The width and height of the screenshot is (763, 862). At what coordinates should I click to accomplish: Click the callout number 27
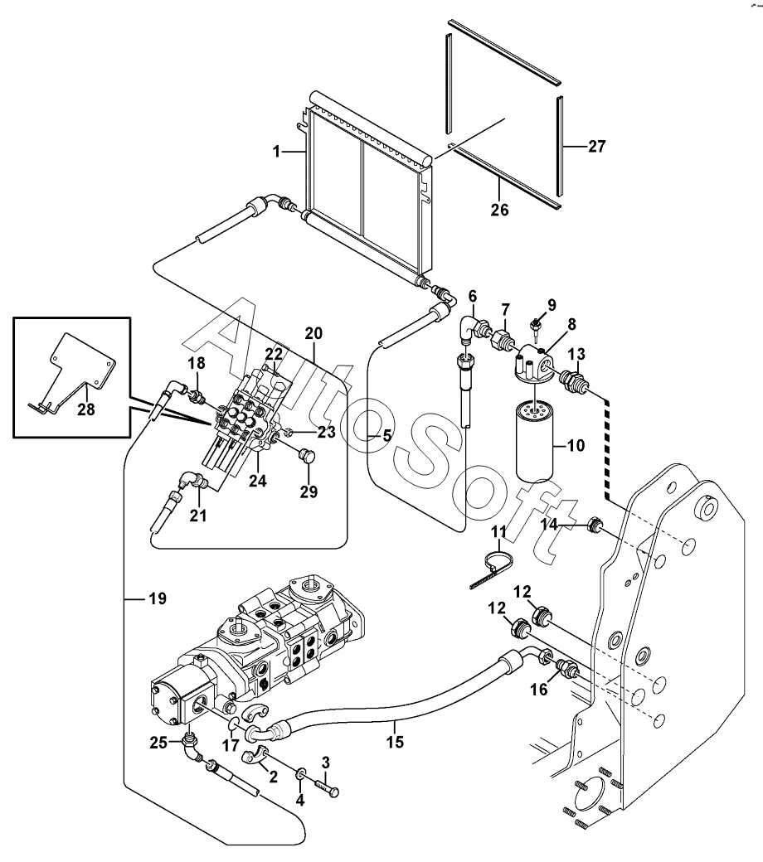[x=596, y=146]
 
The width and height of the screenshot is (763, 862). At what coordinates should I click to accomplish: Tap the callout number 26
[x=499, y=210]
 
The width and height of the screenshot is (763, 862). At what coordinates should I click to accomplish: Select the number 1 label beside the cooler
[x=277, y=151]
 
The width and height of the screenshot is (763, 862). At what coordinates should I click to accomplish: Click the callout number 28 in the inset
[x=85, y=409]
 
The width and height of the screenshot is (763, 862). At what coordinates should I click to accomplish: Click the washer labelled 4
[x=301, y=775]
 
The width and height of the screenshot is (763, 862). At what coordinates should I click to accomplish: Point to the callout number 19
[x=158, y=598]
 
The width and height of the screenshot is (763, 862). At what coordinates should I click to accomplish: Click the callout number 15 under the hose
[x=395, y=742]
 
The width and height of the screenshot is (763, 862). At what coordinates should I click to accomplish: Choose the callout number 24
[x=257, y=481]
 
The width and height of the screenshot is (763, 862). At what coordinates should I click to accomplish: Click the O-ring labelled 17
[x=233, y=727]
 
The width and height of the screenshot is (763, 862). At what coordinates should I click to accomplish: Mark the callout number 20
[x=313, y=333]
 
